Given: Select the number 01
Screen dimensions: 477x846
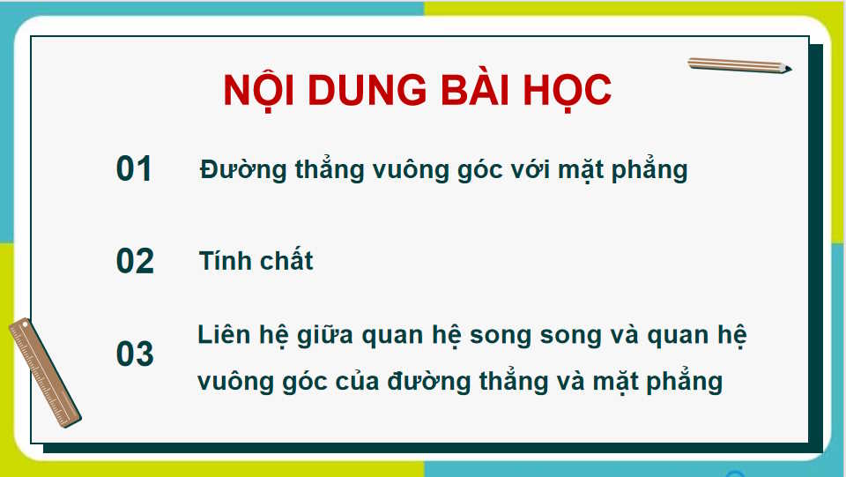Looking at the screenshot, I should (135, 169).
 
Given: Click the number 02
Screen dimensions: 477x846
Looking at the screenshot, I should (135, 262).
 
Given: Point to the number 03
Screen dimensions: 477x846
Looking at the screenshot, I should (135, 354).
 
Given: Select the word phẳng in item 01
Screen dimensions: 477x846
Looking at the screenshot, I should (649, 170).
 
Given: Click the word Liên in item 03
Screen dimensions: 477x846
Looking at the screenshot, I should (224, 336).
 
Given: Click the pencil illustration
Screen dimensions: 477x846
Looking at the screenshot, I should (738, 64).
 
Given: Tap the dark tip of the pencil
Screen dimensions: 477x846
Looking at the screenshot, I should (787, 69).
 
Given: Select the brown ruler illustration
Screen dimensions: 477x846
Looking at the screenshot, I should (44, 373).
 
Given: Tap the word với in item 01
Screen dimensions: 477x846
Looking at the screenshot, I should (531, 168).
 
